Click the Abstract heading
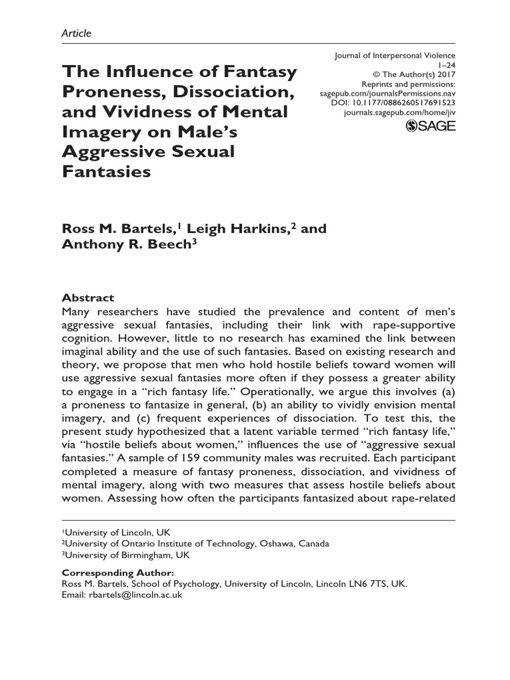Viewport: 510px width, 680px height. pyautogui.click(x=88, y=298)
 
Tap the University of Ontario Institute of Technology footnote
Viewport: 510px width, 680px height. pyautogui.click(x=196, y=544)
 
